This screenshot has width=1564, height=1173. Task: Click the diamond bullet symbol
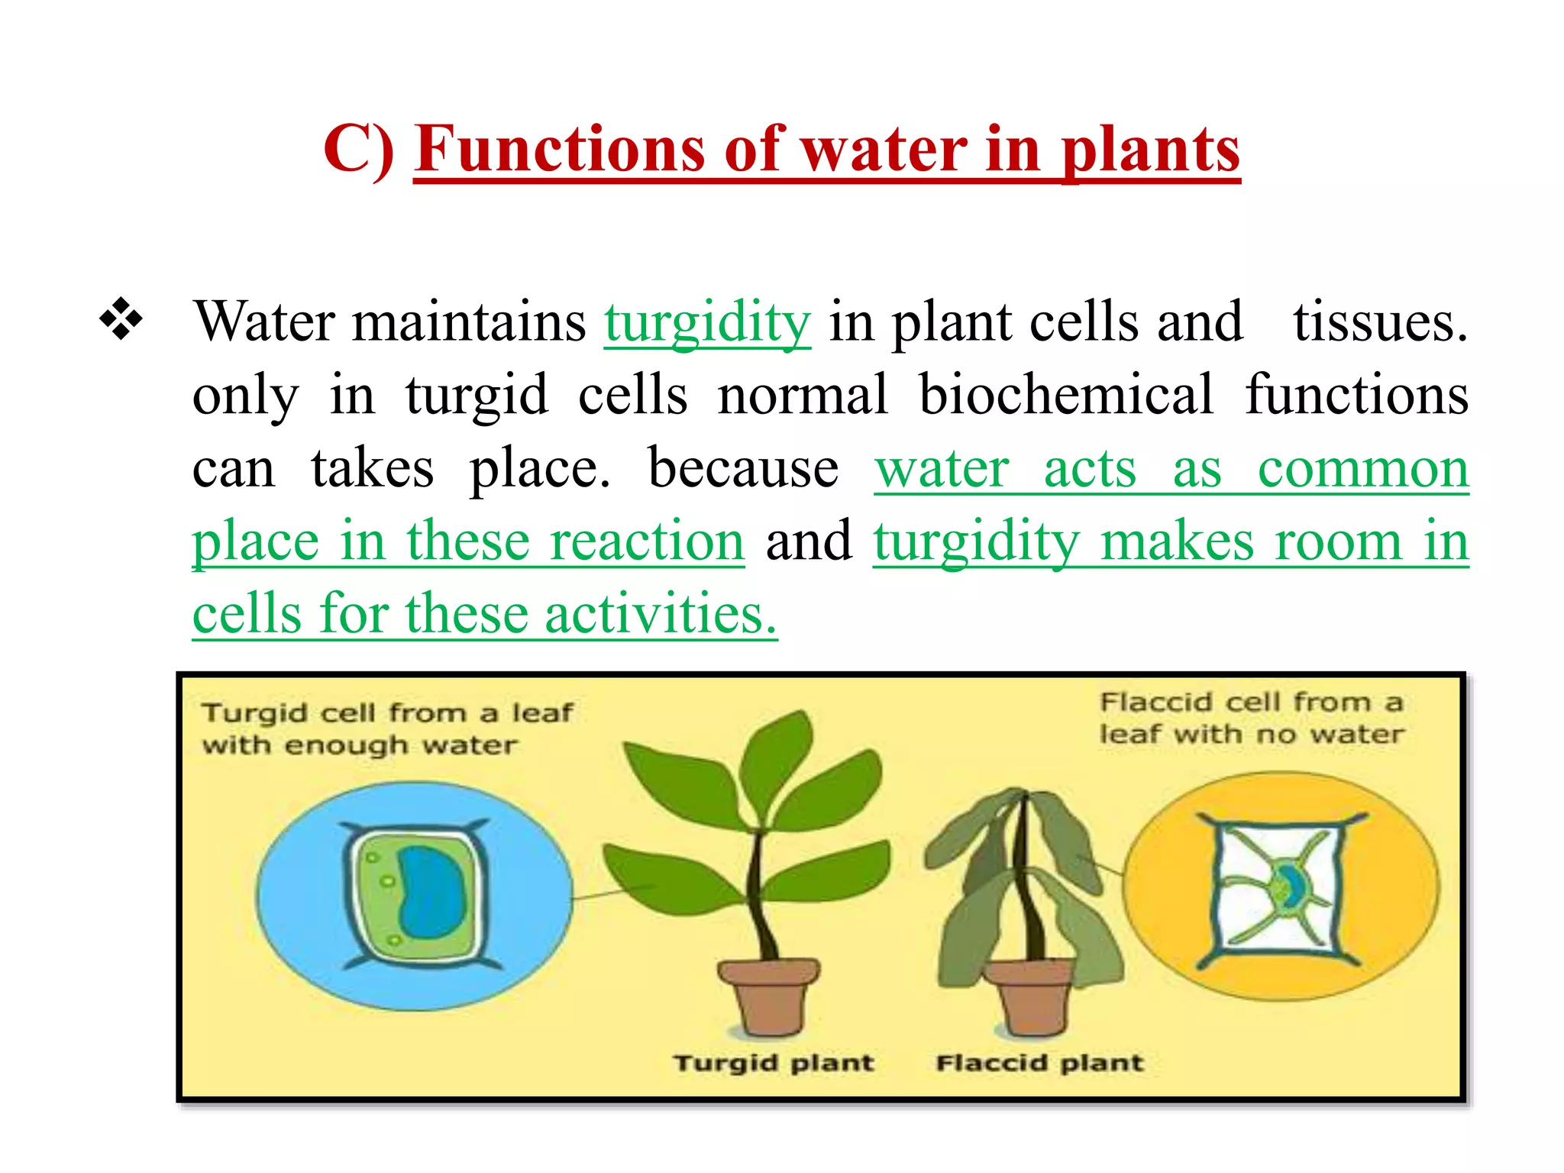click(121, 318)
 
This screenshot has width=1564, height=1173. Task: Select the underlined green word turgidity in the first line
click(707, 322)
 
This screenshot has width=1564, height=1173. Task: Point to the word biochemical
click(1065, 395)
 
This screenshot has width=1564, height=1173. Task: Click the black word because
click(742, 467)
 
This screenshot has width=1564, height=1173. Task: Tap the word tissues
click(1380, 322)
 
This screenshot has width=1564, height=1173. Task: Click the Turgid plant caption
click(773, 1063)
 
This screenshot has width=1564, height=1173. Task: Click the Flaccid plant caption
click(1039, 1063)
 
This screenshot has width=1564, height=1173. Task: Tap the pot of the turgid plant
click(768, 997)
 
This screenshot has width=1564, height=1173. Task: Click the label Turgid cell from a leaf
click(386, 713)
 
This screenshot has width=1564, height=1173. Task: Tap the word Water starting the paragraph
click(263, 322)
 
